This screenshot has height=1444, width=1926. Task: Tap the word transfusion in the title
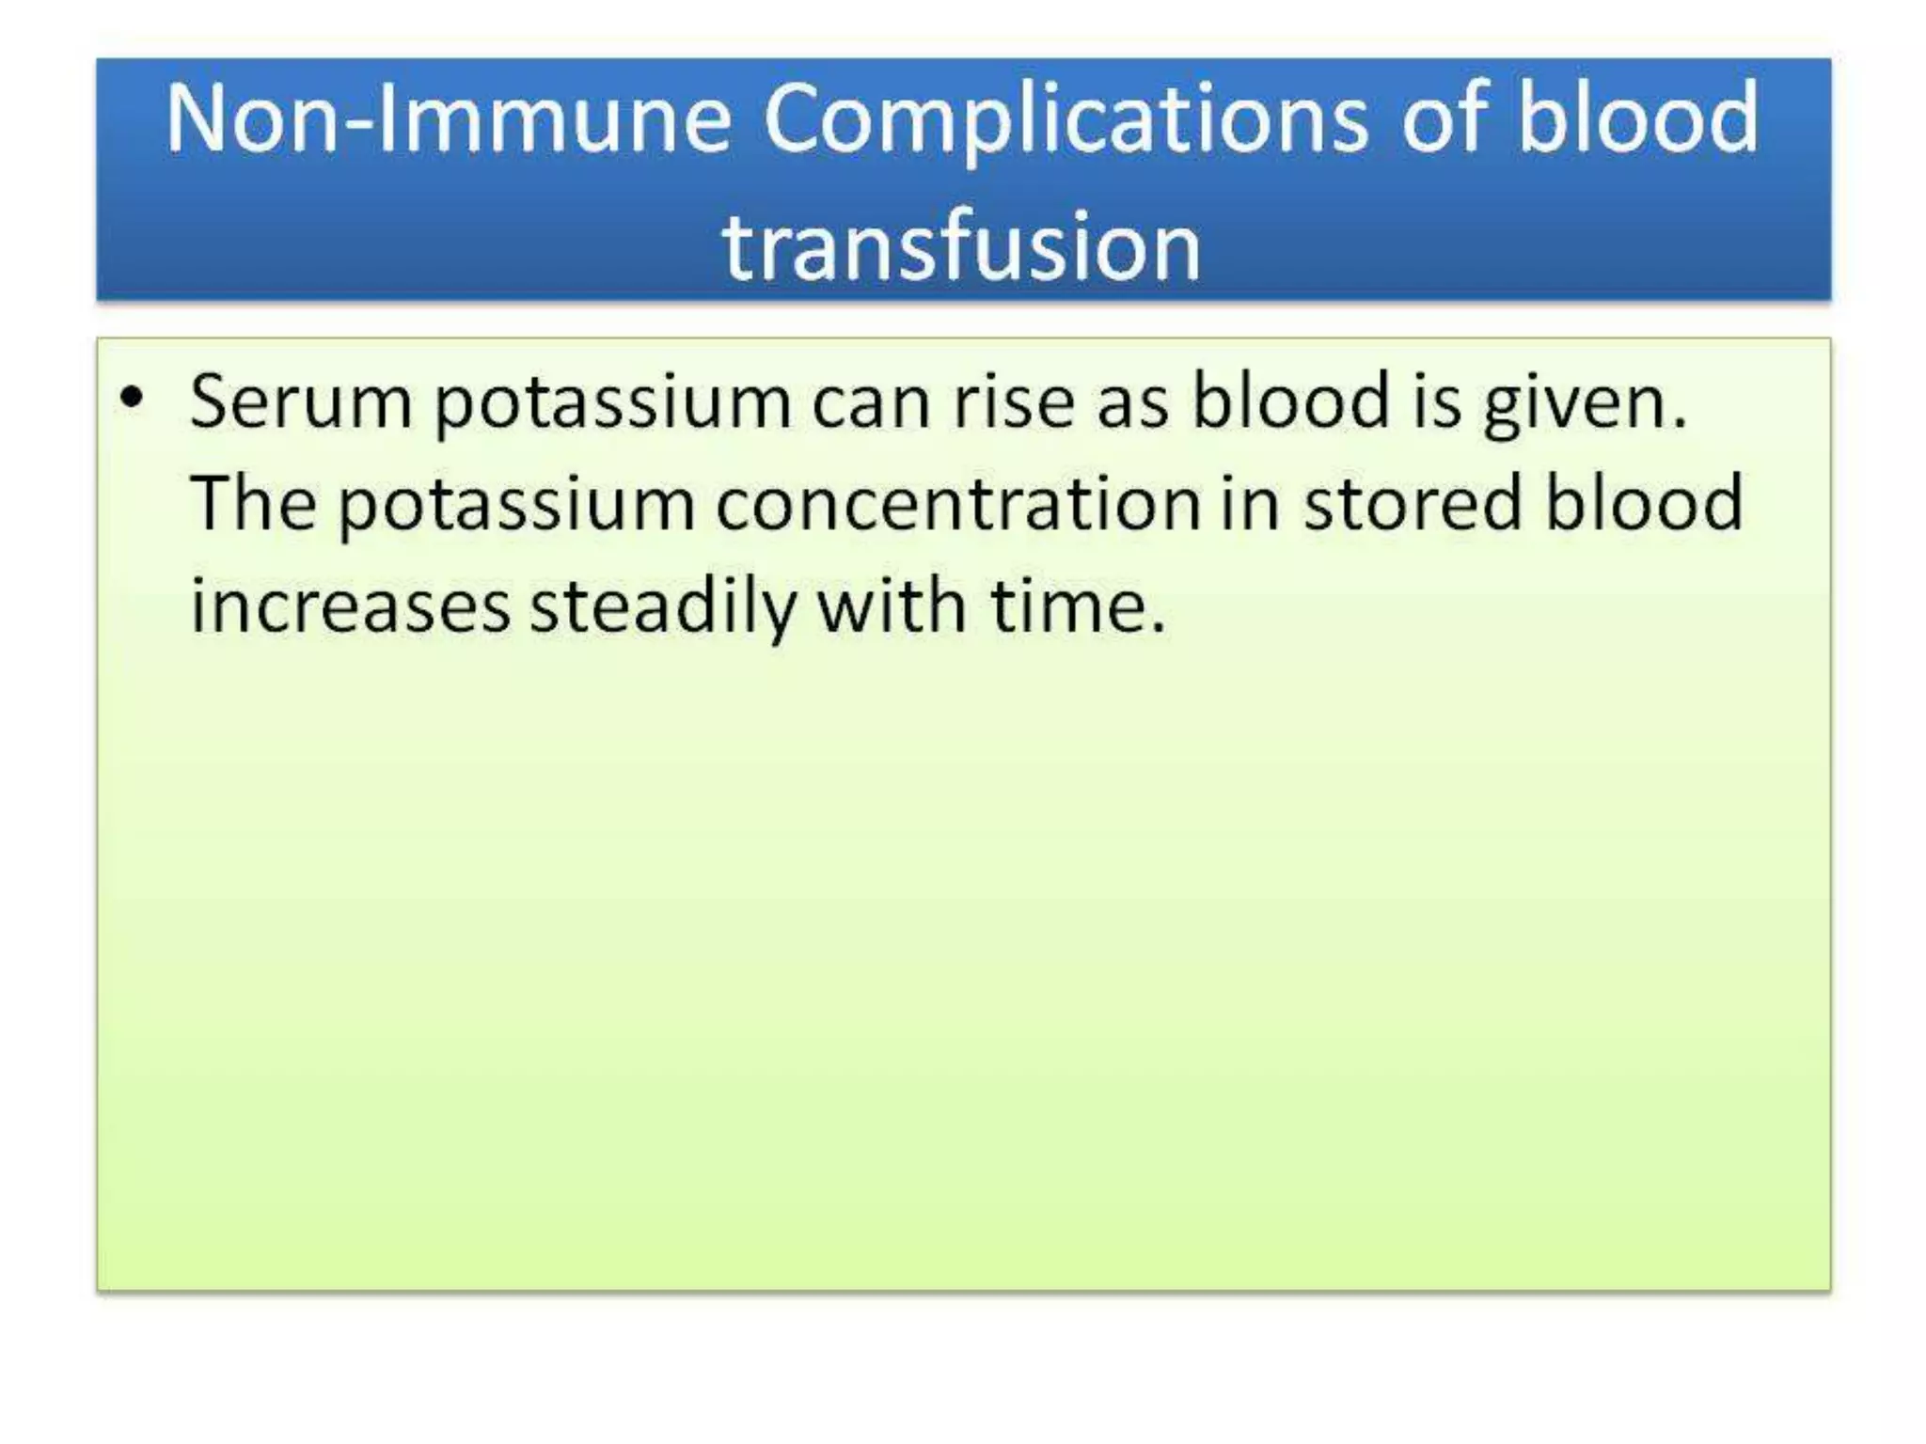pyautogui.click(x=961, y=246)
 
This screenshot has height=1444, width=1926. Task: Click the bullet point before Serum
pyautogui.click(x=133, y=399)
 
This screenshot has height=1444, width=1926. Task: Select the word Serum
pyautogui.click(x=300, y=402)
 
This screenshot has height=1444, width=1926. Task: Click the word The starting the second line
pyautogui.click(x=252, y=504)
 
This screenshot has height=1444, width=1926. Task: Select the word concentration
pyautogui.click(x=957, y=504)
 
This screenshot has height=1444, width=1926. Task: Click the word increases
pyautogui.click(x=350, y=606)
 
